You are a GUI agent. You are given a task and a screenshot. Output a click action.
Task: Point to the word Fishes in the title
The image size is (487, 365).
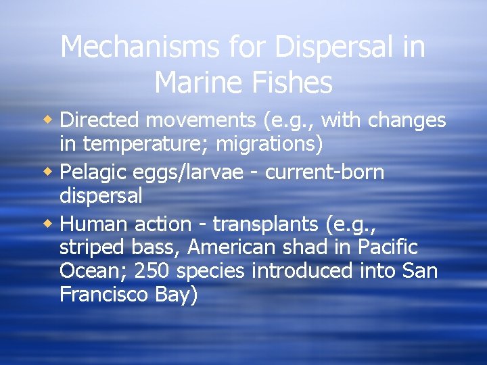(295, 82)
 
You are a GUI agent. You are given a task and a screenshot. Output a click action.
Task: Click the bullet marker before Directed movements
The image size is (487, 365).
(51, 120)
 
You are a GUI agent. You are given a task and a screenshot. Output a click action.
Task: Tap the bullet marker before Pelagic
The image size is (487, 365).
(51, 172)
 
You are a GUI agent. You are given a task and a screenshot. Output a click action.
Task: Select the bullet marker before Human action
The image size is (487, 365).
(51, 224)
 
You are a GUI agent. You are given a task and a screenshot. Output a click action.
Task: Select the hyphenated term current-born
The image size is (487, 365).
(325, 172)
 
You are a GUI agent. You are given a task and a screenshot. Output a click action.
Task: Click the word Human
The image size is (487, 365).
(95, 224)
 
